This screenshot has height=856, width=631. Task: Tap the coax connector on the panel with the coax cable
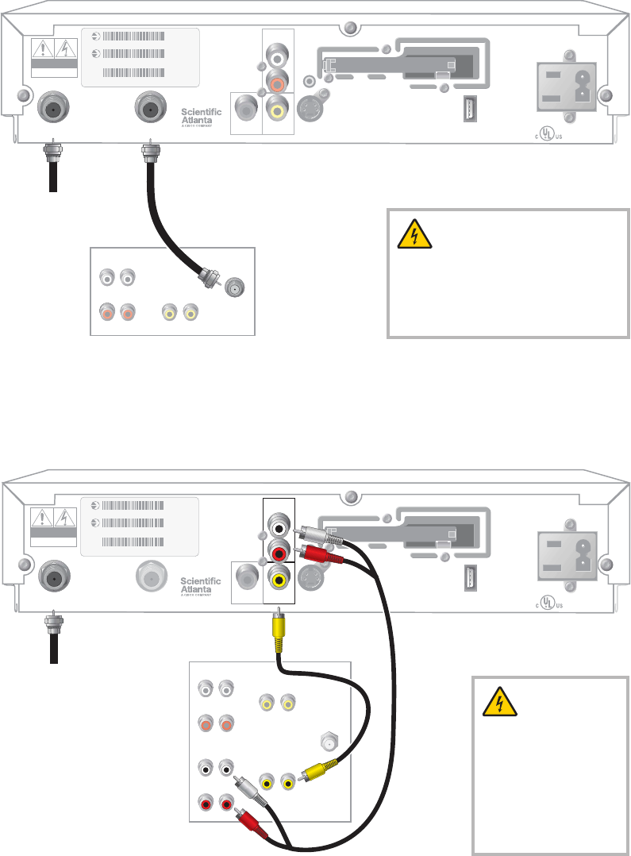tap(234, 287)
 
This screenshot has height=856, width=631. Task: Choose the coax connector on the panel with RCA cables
tap(326, 742)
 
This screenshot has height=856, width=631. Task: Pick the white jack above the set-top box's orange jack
tap(277, 57)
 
